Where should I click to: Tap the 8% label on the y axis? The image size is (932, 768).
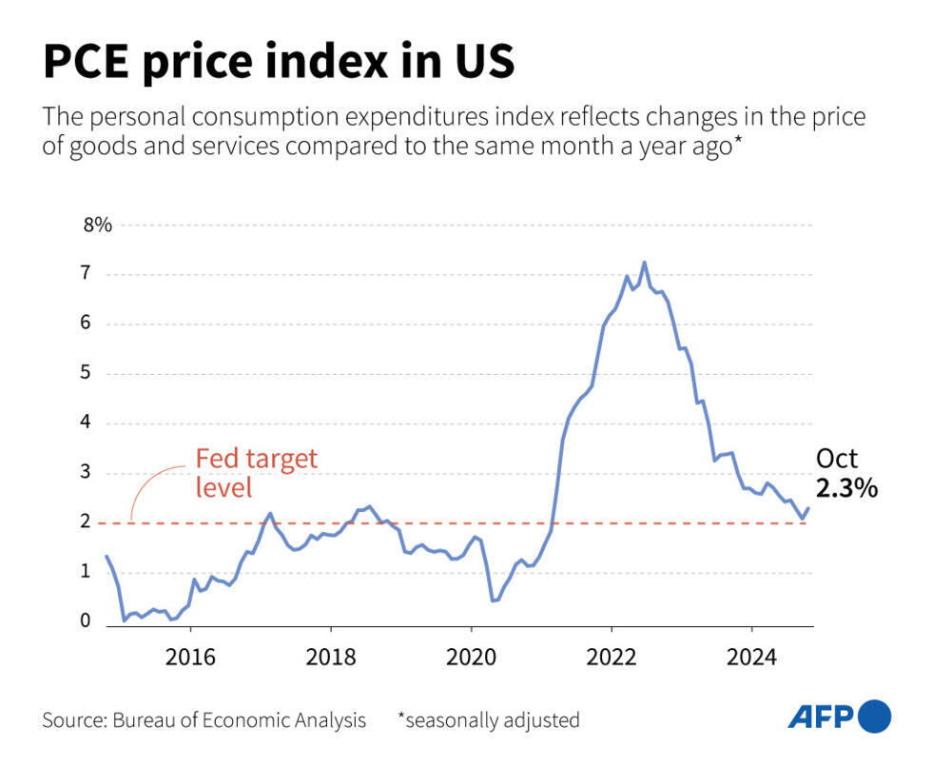click(98, 226)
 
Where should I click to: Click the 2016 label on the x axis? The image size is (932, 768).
click(190, 657)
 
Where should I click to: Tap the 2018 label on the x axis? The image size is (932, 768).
click(330, 657)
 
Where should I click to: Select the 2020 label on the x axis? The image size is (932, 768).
click(471, 657)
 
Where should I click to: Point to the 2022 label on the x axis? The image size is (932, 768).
click(611, 657)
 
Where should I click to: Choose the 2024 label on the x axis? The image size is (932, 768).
click(750, 657)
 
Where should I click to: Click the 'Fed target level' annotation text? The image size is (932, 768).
click(256, 473)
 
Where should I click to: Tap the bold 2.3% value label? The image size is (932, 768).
click(846, 489)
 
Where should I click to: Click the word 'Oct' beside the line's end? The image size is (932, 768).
click(837, 459)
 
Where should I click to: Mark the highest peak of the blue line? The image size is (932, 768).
click(644, 263)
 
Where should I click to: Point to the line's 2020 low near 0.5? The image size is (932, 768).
click(493, 601)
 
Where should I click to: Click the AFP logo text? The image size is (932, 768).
click(821, 717)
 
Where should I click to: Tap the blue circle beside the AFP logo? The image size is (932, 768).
click(875, 717)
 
